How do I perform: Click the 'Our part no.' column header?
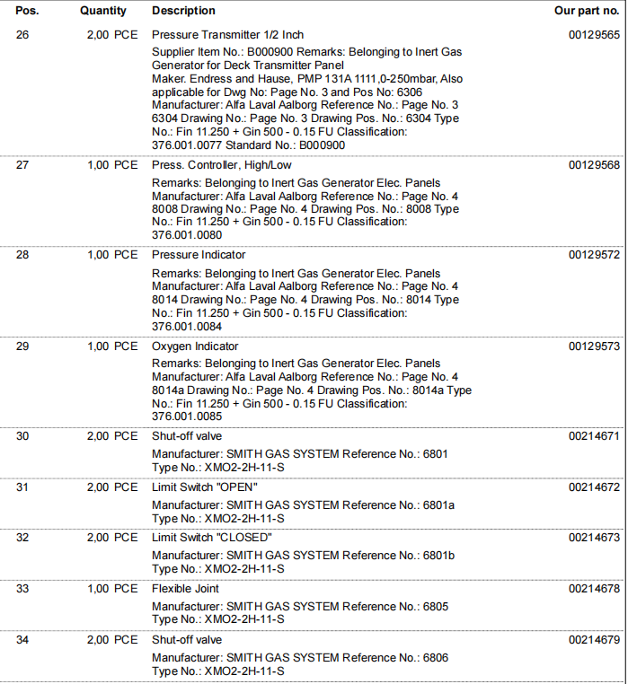[588, 11]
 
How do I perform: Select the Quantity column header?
[103, 11]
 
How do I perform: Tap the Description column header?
[183, 11]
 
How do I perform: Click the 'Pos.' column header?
[27, 11]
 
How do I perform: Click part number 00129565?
[594, 35]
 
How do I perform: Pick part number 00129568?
[594, 165]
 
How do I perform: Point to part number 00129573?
[594, 346]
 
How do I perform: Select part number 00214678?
[594, 589]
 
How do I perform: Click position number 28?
[22, 255]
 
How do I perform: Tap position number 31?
[22, 487]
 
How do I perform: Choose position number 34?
[22, 640]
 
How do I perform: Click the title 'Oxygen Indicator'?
[195, 346]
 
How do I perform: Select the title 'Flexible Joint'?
[185, 589]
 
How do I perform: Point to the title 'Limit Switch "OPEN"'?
[205, 487]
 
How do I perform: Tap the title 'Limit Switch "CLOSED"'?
[211, 538]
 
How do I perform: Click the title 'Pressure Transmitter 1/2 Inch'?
[227, 35]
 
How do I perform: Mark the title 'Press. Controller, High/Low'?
[222, 165]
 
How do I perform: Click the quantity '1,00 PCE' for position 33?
[112, 589]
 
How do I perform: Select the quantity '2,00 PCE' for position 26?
[112, 35]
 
